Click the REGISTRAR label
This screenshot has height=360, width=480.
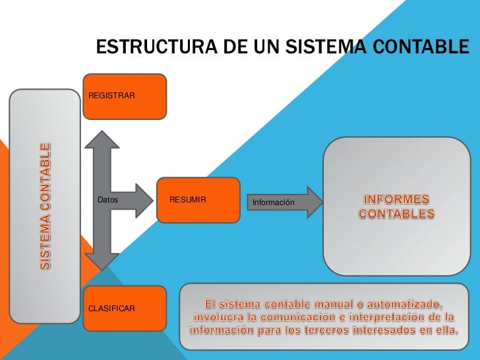111,97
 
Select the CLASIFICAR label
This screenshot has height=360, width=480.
112,309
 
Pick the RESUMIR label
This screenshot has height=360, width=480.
188,199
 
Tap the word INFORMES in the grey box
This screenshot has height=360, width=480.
396,199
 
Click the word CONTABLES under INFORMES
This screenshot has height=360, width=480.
396,214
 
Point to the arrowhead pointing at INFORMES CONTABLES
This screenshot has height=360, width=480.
315,202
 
